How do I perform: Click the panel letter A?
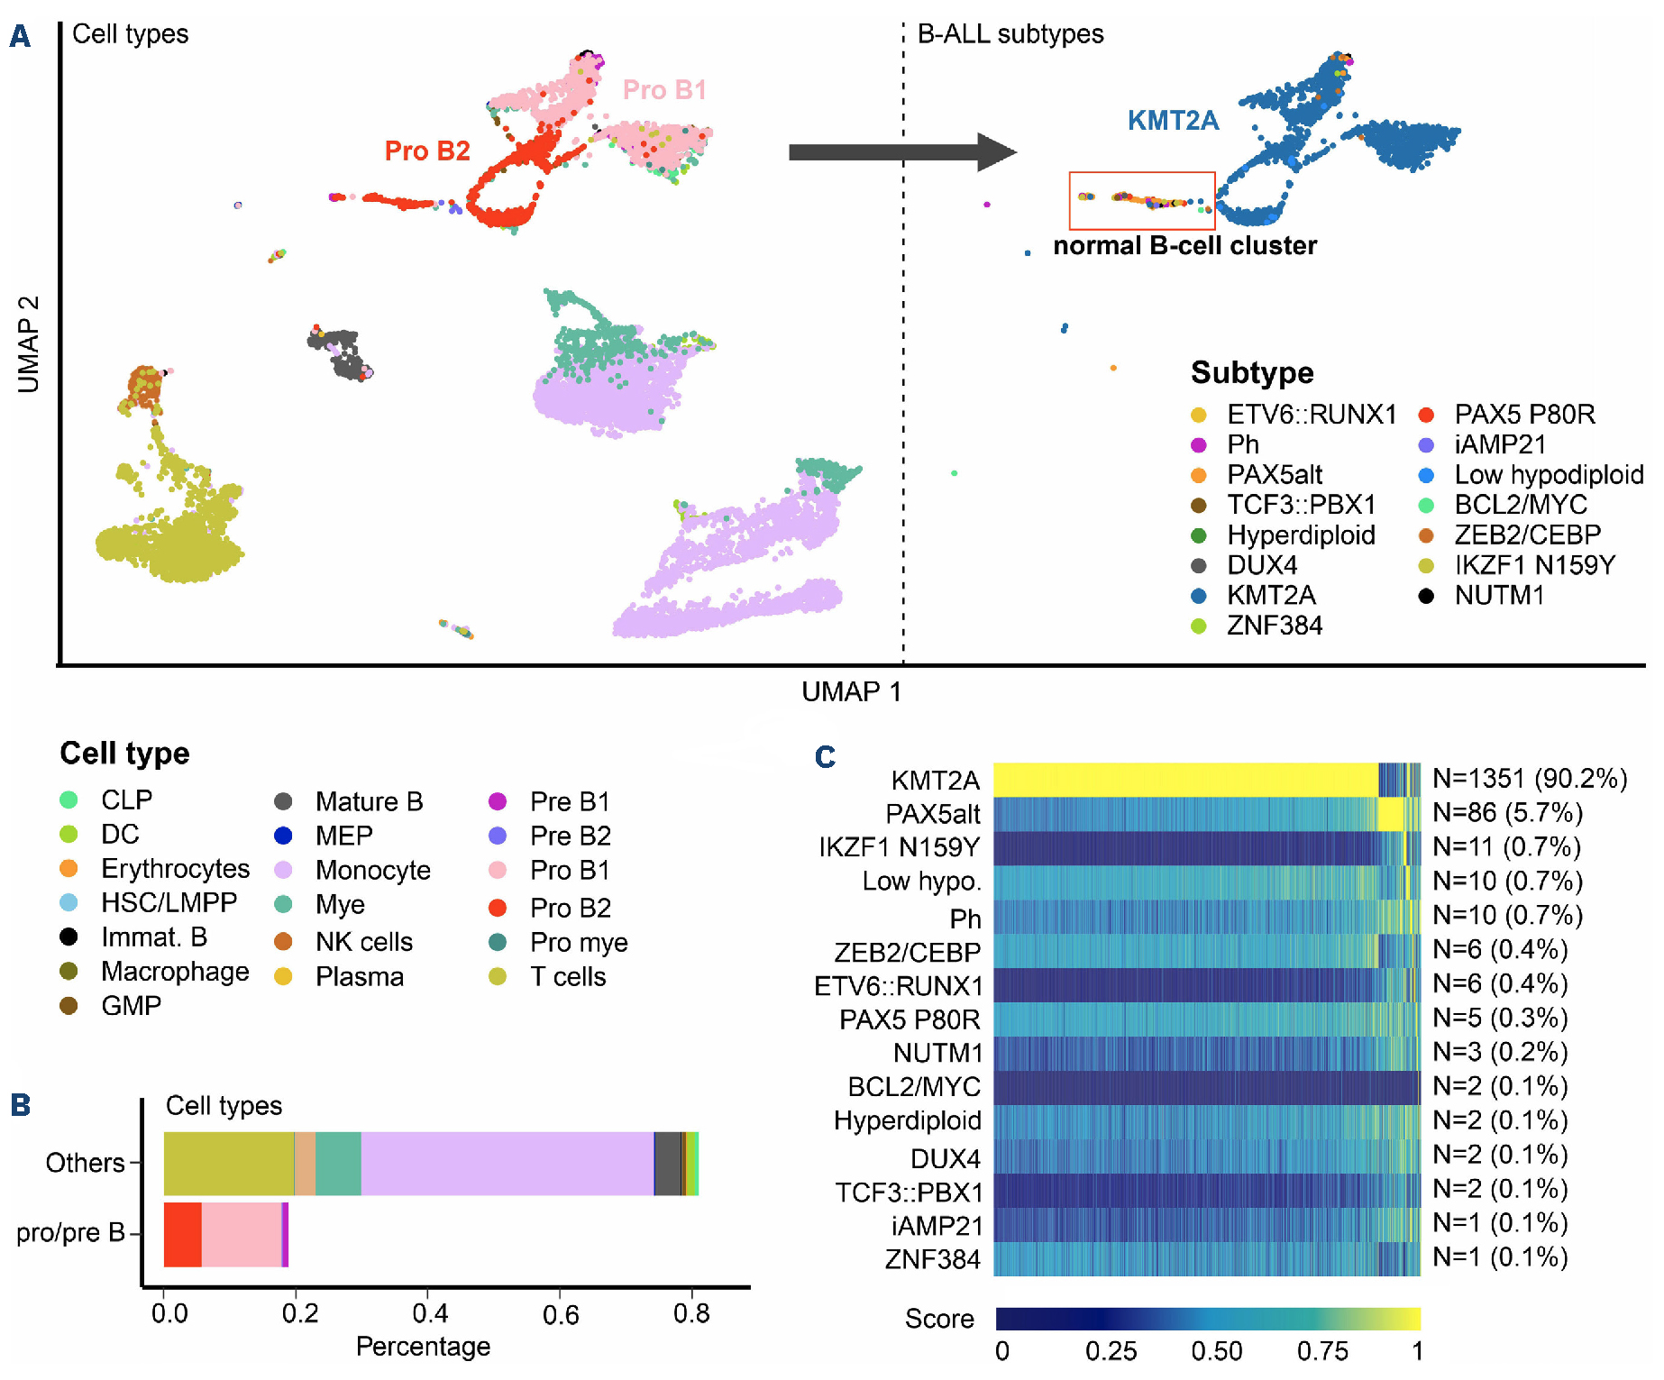(x=20, y=36)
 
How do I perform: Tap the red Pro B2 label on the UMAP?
(x=427, y=151)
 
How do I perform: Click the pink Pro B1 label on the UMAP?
(x=664, y=90)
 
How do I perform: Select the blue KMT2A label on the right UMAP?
(x=1173, y=121)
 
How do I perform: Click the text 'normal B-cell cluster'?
(x=1184, y=245)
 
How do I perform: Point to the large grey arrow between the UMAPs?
(x=901, y=152)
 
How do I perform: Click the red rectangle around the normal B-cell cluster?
(x=1141, y=173)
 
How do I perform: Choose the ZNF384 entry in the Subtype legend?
(x=1274, y=626)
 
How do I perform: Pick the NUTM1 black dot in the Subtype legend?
(x=1426, y=596)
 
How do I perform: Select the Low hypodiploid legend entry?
(x=1548, y=475)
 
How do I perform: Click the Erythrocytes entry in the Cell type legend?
(x=175, y=868)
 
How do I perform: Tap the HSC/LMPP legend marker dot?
(x=69, y=902)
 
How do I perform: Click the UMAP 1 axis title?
(x=851, y=691)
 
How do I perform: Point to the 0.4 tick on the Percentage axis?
(x=430, y=1313)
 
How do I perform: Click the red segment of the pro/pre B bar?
(x=182, y=1234)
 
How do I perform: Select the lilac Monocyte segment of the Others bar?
(x=507, y=1163)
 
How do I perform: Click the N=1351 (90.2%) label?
(x=1530, y=779)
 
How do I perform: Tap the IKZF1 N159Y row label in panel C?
(x=899, y=847)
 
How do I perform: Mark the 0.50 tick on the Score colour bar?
(x=1216, y=1351)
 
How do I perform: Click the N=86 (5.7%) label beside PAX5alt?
(x=1507, y=813)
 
